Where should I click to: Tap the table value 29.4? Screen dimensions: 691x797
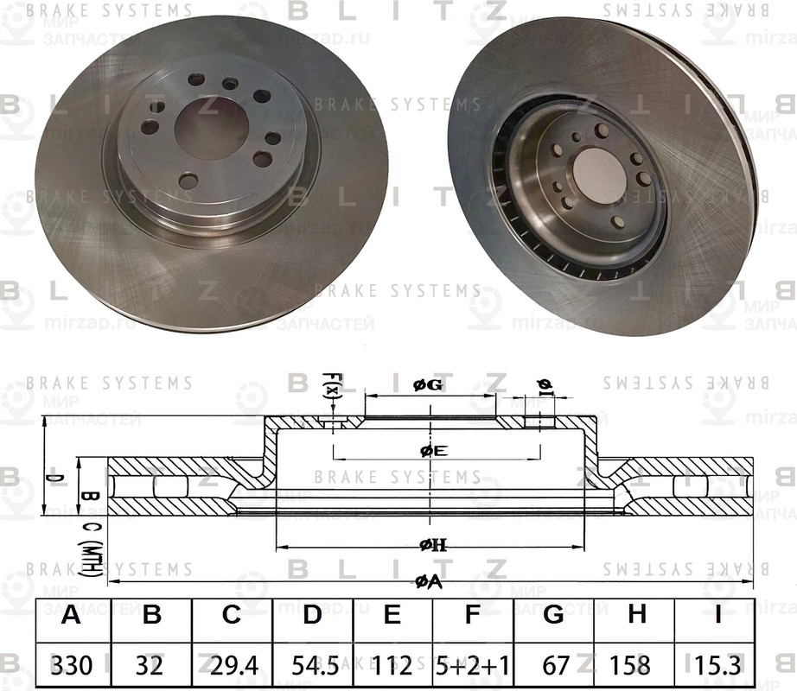coord(231,664)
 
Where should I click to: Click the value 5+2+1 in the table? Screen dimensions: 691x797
coord(473,664)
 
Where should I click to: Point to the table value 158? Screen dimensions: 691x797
coord(637,664)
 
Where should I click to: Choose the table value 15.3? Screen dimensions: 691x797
coord(715,664)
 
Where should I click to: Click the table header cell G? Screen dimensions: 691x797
coord(554,616)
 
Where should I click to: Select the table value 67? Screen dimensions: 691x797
coord(554,664)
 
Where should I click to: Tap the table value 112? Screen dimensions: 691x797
coord(392,664)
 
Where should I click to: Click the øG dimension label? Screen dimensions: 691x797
coord(429,386)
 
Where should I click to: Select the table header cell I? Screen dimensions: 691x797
coord(715,616)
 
